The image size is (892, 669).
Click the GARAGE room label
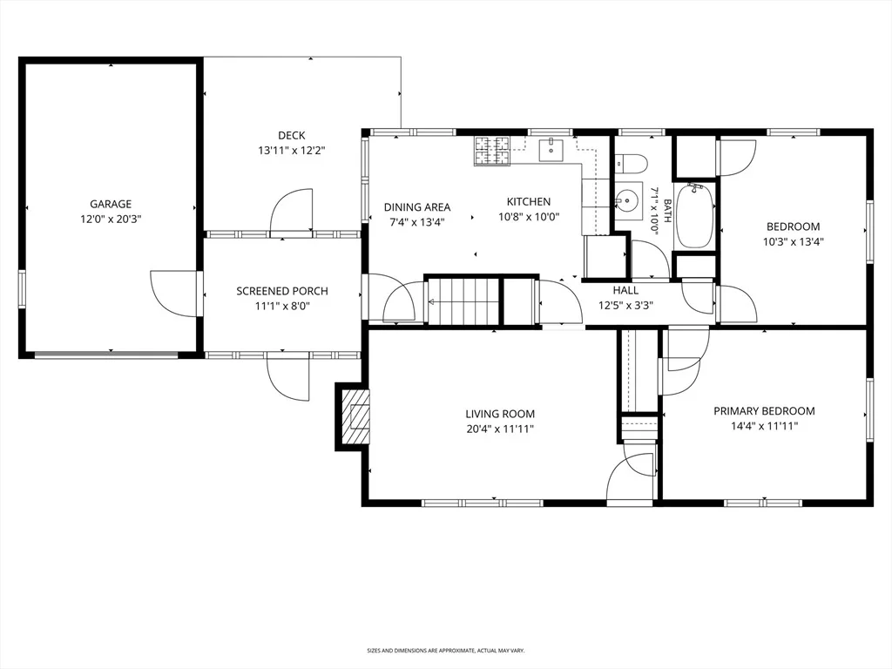(x=111, y=204)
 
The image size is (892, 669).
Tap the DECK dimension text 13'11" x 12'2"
(x=291, y=151)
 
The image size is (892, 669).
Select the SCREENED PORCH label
(x=282, y=291)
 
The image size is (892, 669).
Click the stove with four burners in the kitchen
(x=493, y=152)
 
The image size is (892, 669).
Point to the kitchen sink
(x=551, y=150)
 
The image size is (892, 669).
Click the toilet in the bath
(x=631, y=163)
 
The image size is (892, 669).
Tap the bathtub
(x=694, y=215)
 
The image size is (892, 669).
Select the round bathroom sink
(x=627, y=201)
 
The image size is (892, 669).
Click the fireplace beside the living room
(x=354, y=417)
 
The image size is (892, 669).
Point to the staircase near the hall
(x=463, y=301)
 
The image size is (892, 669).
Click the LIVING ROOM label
(x=500, y=414)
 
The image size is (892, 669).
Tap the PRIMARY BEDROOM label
(x=764, y=411)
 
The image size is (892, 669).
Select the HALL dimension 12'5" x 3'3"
(x=625, y=306)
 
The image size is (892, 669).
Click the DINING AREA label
(x=417, y=207)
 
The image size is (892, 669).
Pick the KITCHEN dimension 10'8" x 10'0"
(x=529, y=217)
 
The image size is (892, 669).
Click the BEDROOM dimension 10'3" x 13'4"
(x=794, y=241)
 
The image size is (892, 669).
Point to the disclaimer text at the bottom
(x=445, y=650)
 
